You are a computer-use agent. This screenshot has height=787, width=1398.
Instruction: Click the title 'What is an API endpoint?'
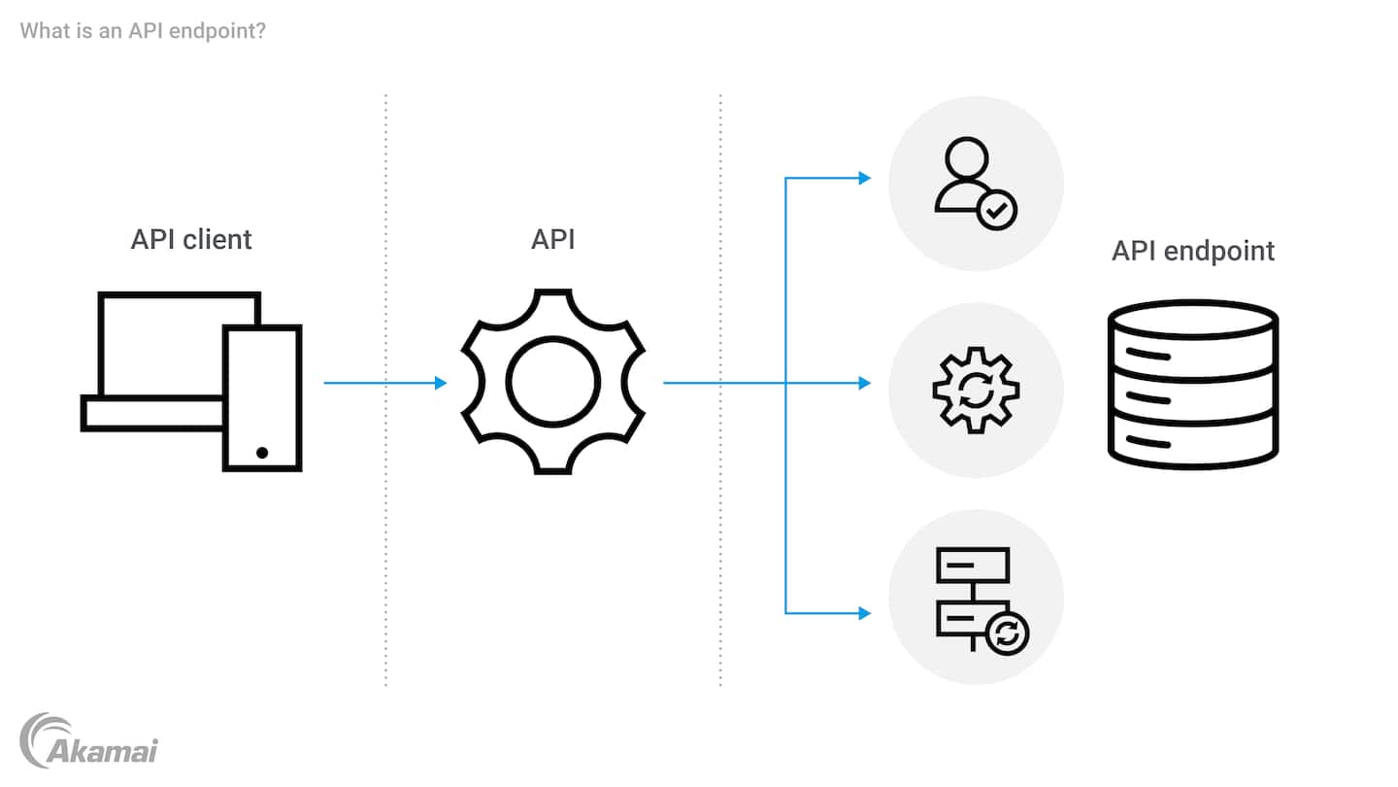click(x=143, y=30)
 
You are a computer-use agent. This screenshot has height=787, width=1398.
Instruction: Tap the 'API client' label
click(x=191, y=239)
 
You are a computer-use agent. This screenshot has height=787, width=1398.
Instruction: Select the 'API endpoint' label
click(x=1192, y=251)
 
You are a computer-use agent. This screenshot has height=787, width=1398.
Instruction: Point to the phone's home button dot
click(x=262, y=453)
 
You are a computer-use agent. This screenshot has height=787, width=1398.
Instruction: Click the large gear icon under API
click(x=552, y=382)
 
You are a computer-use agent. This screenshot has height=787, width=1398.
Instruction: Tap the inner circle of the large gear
click(x=552, y=382)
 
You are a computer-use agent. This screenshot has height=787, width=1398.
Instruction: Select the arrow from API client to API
click(x=384, y=383)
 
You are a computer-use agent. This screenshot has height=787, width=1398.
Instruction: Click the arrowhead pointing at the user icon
click(x=864, y=178)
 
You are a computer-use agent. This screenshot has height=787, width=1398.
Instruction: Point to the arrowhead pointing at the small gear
click(x=864, y=383)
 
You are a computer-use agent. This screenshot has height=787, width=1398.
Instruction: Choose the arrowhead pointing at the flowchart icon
click(x=864, y=613)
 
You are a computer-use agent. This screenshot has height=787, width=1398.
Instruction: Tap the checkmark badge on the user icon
click(x=996, y=208)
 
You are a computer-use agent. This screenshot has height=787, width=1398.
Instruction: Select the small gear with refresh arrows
click(x=976, y=390)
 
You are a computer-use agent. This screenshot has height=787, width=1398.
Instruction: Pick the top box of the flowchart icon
click(x=972, y=565)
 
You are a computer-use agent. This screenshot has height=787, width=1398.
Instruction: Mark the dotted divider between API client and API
click(x=385, y=389)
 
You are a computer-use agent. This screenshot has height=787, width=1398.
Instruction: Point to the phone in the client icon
click(x=262, y=398)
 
